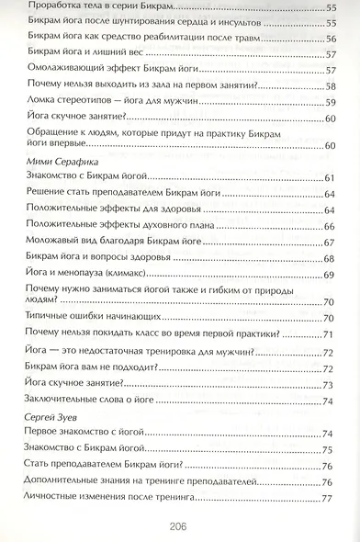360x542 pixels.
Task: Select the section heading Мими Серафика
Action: click(56, 161)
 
